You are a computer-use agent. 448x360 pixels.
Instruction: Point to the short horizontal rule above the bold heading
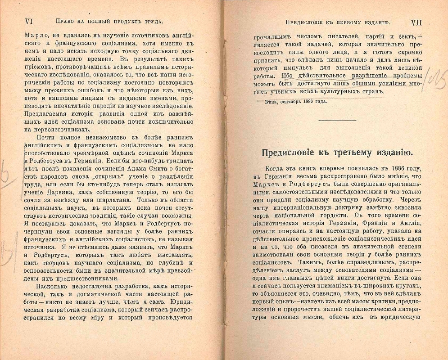coord(337,120)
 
